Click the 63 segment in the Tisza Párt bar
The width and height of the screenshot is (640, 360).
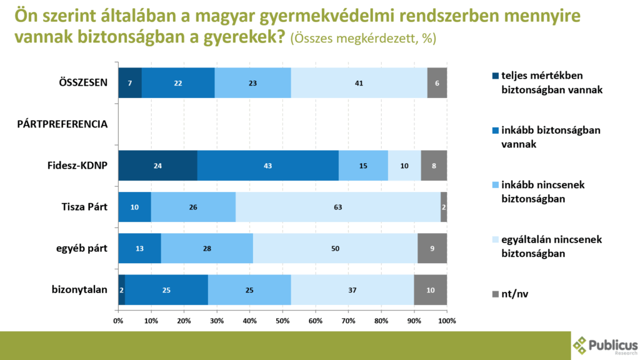click(x=338, y=206)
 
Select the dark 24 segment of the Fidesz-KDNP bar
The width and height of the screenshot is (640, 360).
click(x=157, y=165)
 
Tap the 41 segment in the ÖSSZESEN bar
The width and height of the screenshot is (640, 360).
click(x=359, y=82)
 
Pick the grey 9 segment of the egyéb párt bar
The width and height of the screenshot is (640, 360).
click(x=432, y=248)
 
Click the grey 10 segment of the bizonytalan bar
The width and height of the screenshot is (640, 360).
click(x=430, y=289)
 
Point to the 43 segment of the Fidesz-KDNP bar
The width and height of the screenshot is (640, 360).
click(x=268, y=165)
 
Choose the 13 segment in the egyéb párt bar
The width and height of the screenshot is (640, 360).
click(x=139, y=248)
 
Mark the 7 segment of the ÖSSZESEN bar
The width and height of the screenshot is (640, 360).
click(x=130, y=82)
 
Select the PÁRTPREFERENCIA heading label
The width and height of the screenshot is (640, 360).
click(x=62, y=124)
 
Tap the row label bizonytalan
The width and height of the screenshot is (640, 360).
click(x=80, y=289)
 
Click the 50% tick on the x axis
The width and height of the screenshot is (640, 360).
click(x=282, y=321)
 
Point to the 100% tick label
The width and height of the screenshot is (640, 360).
click(x=446, y=321)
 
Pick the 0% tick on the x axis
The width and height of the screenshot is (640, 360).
click(x=118, y=321)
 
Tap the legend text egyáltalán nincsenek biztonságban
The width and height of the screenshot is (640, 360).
click(x=542, y=246)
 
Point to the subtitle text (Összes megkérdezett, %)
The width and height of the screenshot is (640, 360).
click(x=363, y=38)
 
